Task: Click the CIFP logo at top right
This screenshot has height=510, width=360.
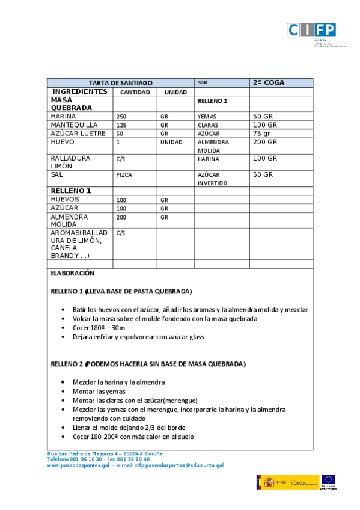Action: point(311,30)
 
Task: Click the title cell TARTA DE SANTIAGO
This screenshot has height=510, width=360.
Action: point(121,82)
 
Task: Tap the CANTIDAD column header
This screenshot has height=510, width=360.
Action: point(135,93)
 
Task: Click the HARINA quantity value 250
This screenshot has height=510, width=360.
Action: point(121,117)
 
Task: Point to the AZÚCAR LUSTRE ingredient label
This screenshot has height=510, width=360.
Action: point(79,134)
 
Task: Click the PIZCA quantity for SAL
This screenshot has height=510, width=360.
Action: point(124,175)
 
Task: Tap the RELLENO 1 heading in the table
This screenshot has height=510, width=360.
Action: point(71,191)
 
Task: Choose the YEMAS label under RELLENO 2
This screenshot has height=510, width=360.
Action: point(207,117)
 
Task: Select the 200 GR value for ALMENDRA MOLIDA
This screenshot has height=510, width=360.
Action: point(265,143)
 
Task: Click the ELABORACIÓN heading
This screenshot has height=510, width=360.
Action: point(73,273)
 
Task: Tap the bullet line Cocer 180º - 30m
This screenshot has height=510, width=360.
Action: point(99,328)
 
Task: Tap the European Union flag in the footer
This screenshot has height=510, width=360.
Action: point(328,480)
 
